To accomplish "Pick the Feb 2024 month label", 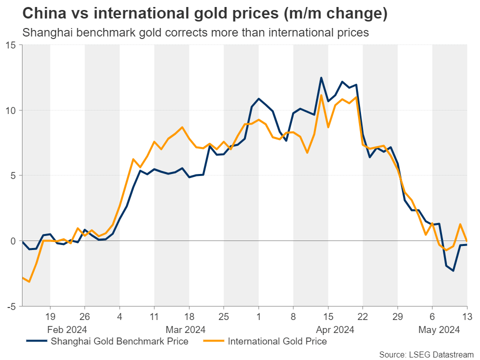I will pyautogui.click(x=67, y=329).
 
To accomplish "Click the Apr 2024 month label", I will pyautogui.click(x=334, y=329).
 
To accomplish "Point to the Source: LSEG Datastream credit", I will pyautogui.click(x=425, y=354).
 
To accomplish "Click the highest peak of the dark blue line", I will pyautogui.click(x=321, y=77).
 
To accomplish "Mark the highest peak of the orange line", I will pyautogui.click(x=321, y=95).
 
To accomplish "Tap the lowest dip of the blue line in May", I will pyautogui.click(x=453, y=270).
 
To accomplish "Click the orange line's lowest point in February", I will pyautogui.click(x=29, y=281).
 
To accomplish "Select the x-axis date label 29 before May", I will pyautogui.click(x=397, y=316).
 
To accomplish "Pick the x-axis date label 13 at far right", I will pyautogui.click(x=466, y=316).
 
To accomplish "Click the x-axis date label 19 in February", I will pyautogui.click(x=50, y=316).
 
